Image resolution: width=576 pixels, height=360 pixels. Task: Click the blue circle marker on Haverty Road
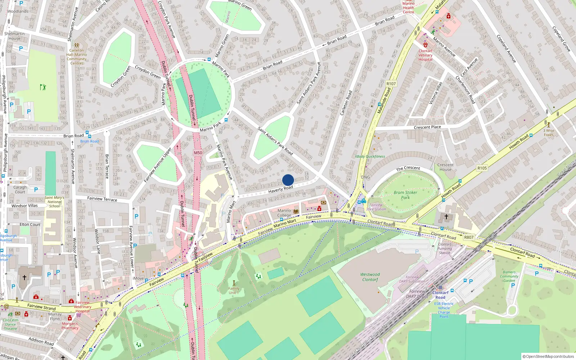[288, 180]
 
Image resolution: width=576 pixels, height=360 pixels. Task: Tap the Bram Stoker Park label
[405, 195]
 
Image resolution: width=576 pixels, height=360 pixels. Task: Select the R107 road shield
[391, 84]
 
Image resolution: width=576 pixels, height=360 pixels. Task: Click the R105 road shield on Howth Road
[482, 168]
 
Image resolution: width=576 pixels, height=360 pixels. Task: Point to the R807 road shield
[469, 237]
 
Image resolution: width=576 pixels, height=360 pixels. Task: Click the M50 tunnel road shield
[198, 153]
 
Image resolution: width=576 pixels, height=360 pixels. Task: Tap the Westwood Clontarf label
[370, 277]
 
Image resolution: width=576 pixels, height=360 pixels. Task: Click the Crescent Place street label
[427, 127]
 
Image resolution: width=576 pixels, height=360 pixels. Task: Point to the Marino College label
[284, 213]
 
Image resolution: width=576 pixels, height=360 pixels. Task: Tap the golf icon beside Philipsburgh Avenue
[43, 87]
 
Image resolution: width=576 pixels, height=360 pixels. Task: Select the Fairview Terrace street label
[102, 199]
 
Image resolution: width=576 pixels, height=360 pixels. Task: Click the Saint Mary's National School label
[54, 202]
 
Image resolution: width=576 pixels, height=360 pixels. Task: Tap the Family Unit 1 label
[234, 290]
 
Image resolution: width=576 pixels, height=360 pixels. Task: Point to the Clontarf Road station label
[440, 295]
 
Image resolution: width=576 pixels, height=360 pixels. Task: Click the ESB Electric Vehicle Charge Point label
[444, 310]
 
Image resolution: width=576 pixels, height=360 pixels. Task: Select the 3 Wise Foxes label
[549, 132]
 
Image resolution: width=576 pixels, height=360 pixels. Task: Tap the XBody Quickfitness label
[370, 157]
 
